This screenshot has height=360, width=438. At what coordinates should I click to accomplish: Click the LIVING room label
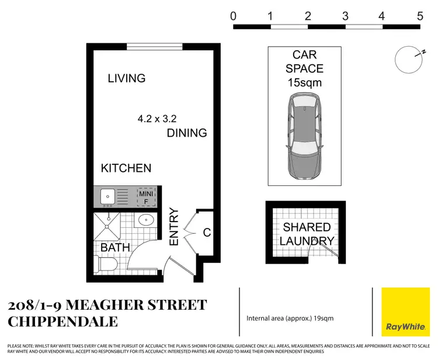(x=127, y=78)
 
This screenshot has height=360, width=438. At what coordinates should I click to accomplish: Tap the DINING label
(x=187, y=133)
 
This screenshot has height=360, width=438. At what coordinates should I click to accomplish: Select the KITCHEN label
(x=126, y=168)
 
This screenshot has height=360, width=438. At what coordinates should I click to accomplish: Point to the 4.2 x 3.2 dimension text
(x=156, y=119)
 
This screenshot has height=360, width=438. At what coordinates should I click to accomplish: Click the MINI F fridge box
(x=145, y=197)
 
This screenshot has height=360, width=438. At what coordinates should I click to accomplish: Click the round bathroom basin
(x=146, y=221)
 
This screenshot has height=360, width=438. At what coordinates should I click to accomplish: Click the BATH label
(x=115, y=248)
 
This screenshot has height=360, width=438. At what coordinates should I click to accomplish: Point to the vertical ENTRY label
(x=174, y=227)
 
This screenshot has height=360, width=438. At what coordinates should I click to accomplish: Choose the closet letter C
(x=206, y=233)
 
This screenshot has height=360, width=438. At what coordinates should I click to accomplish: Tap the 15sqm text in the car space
(x=304, y=83)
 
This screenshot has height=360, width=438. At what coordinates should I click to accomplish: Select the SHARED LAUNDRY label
(x=307, y=234)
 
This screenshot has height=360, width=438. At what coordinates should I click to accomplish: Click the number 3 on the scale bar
(x=345, y=16)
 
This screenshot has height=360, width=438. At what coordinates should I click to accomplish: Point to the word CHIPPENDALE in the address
(x=62, y=322)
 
